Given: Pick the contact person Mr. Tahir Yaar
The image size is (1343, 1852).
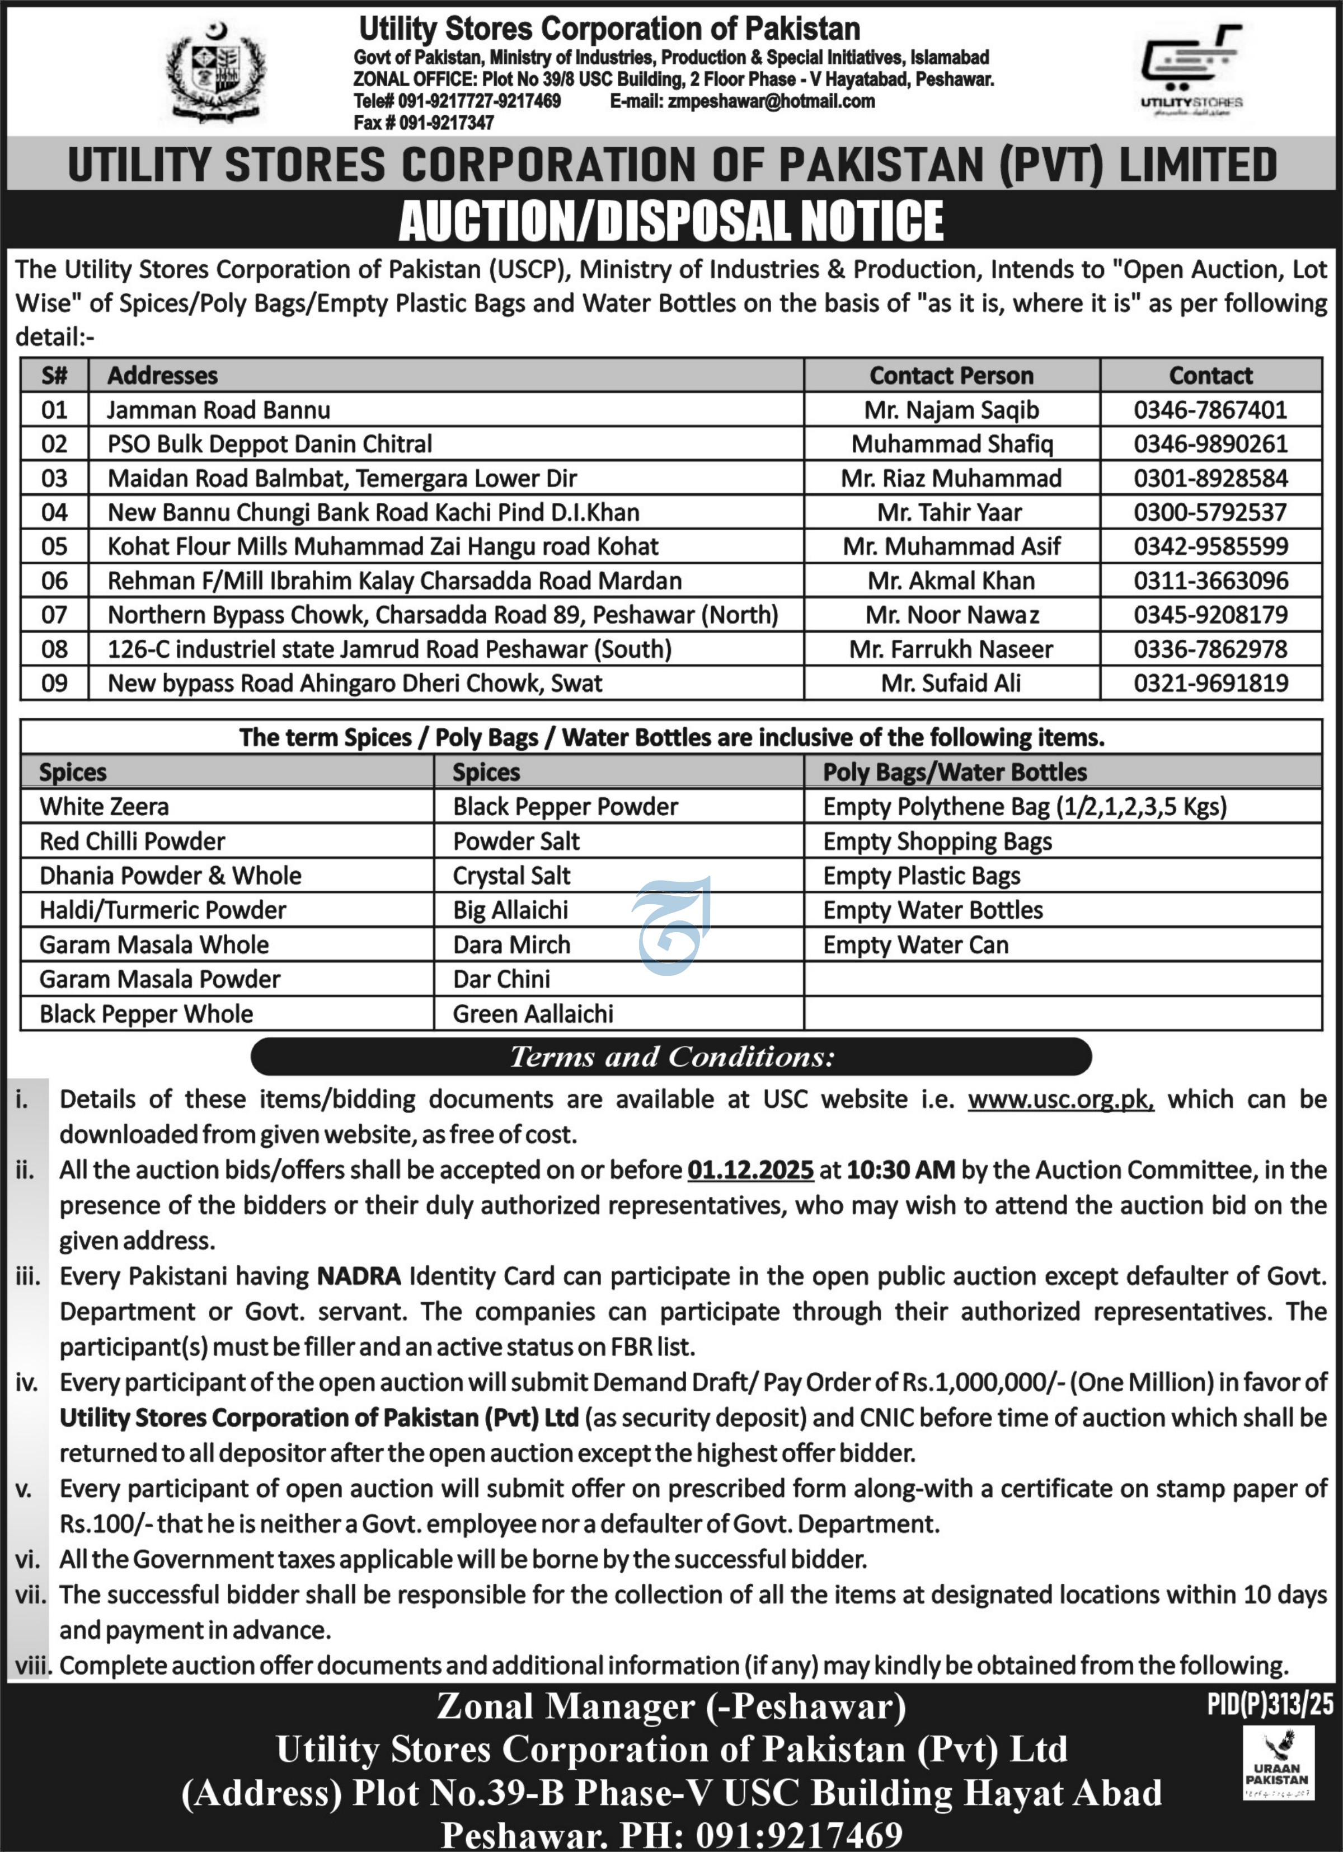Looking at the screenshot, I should (x=950, y=513).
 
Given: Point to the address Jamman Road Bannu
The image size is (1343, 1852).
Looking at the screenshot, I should (x=219, y=410).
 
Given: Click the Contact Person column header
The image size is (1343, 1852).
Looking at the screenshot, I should (x=951, y=376).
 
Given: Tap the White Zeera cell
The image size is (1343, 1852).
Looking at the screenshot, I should (x=105, y=807).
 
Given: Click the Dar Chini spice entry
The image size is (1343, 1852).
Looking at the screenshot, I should (x=501, y=979).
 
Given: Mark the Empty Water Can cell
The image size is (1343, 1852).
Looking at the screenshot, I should (x=915, y=945).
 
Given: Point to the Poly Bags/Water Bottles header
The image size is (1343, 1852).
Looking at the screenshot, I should (x=955, y=773).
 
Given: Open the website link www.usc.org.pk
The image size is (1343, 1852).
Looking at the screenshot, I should (x=1060, y=1099).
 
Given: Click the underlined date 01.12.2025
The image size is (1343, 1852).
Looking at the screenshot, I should (x=750, y=1170).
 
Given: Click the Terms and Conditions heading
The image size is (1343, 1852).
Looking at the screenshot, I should (x=671, y=1056).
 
